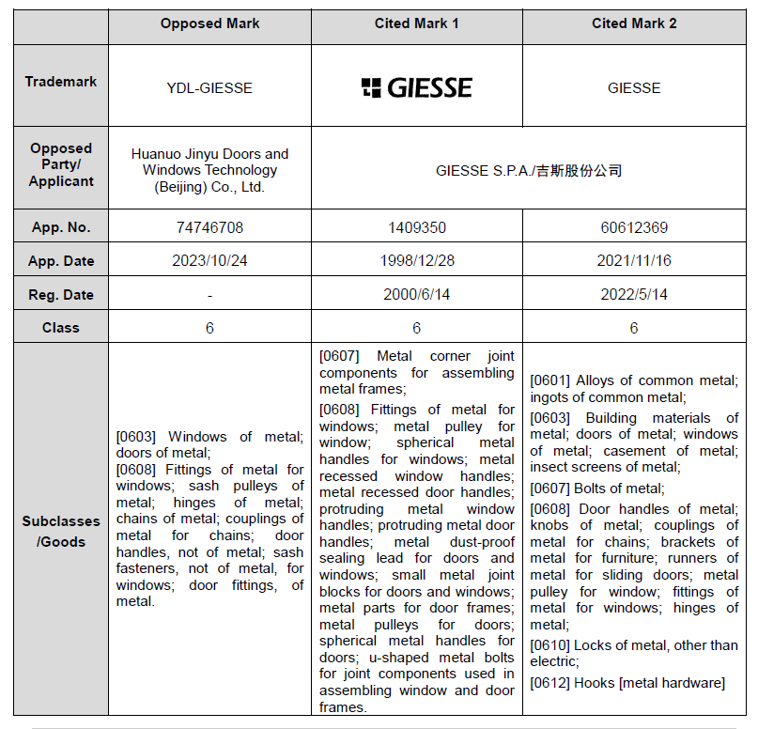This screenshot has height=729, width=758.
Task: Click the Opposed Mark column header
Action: pyautogui.click(x=209, y=23)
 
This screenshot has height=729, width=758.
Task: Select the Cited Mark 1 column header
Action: pyautogui.click(x=416, y=23)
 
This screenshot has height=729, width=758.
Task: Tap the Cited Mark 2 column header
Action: pyautogui.click(x=634, y=23)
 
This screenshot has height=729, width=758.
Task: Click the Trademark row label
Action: pyautogui.click(x=61, y=82)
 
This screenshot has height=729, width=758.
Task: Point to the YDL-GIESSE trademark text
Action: pyautogui.click(x=209, y=88)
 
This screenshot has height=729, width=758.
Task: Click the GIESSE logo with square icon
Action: pyautogui.click(x=416, y=88)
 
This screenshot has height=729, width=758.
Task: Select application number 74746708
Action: pyautogui.click(x=209, y=227)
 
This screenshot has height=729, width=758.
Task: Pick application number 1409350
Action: pyautogui.click(x=416, y=227)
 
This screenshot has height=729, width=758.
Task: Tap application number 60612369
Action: pyautogui.click(x=634, y=227)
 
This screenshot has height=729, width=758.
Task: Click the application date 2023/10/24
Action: pyautogui.click(x=209, y=261)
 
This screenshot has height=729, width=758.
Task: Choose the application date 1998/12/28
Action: pyautogui.click(x=416, y=261)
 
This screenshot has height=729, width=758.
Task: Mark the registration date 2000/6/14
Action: pyautogui.click(x=416, y=295)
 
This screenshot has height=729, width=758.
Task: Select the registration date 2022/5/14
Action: pyautogui.click(x=634, y=295)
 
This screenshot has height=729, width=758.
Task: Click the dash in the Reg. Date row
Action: pyautogui.click(x=209, y=295)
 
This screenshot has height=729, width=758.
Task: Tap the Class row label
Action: pyautogui.click(x=61, y=328)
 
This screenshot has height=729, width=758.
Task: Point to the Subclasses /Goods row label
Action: pyautogui.click(x=61, y=531)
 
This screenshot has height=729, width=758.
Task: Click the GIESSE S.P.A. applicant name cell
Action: pyautogui.click(x=529, y=171)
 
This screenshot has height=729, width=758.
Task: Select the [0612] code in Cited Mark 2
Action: pyautogui.click(x=550, y=683)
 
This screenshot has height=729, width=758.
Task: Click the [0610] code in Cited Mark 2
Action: pyautogui.click(x=550, y=645)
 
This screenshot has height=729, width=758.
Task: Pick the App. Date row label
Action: pyautogui.click(x=61, y=261)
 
